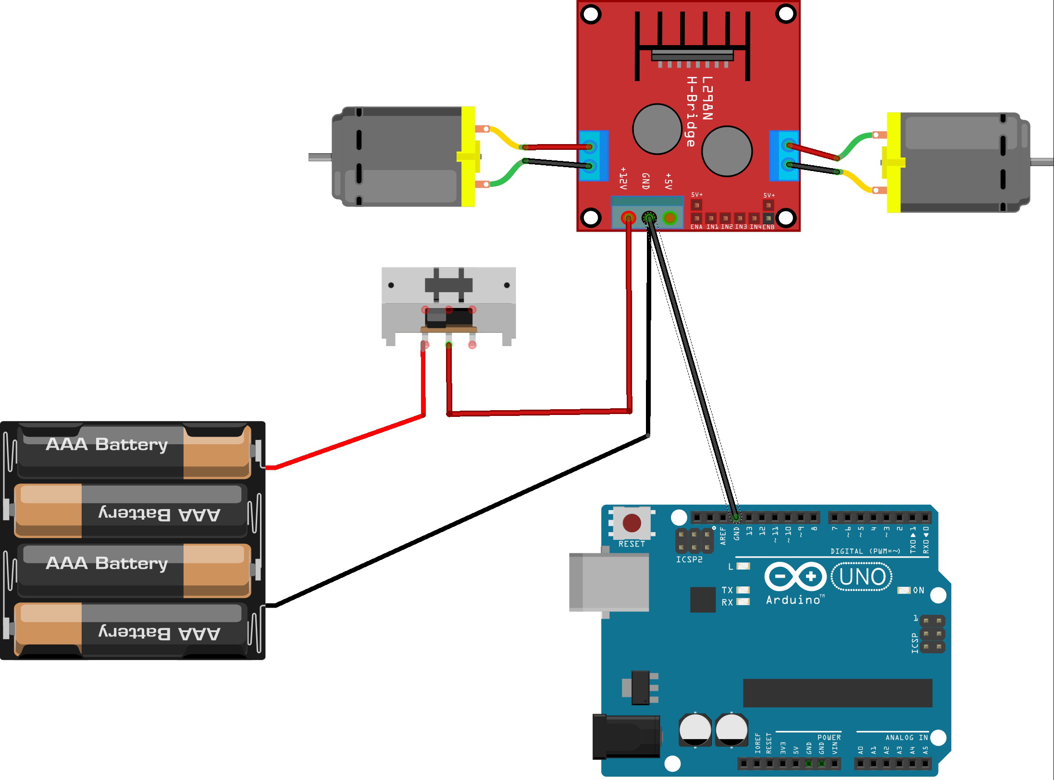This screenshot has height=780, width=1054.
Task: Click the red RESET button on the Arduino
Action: click(x=632, y=523)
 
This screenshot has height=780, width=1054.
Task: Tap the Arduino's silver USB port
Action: click(x=608, y=582)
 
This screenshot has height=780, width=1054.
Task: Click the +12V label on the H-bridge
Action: click(x=623, y=178)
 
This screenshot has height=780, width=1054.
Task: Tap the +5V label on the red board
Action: click(x=668, y=181)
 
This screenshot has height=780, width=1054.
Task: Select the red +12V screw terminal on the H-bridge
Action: click(x=628, y=219)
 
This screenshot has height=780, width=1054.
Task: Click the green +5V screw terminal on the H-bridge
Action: click(x=670, y=218)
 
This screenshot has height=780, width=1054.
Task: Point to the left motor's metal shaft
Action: click(x=320, y=157)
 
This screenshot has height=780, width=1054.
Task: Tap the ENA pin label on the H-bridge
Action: click(x=696, y=227)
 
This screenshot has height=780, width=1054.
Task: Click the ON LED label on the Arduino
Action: click(x=918, y=590)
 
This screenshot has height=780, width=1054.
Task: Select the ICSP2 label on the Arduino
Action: click(x=689, y=560)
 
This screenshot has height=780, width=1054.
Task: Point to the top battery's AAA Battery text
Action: click(x=107, y=444)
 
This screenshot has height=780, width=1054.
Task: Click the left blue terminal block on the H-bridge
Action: click(x=594, y=156)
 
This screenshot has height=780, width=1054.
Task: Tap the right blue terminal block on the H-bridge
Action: click(x=784, y=156)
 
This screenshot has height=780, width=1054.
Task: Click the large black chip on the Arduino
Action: click(x=837, y=693)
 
